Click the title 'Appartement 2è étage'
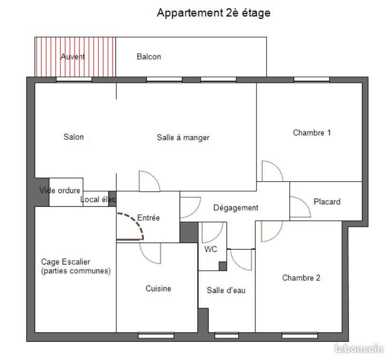213,13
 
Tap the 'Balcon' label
149,57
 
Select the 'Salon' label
74,137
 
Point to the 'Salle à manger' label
183,137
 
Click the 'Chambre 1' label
312,133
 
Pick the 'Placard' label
327,202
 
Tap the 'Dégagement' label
236,208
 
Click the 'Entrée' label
148,218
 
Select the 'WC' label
210,249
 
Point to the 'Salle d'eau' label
226,290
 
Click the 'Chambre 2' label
301,278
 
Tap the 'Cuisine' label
158,288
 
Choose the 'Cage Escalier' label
66,262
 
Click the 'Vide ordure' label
59,191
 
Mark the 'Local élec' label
98,199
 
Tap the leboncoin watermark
359,349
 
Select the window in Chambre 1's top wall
312,79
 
